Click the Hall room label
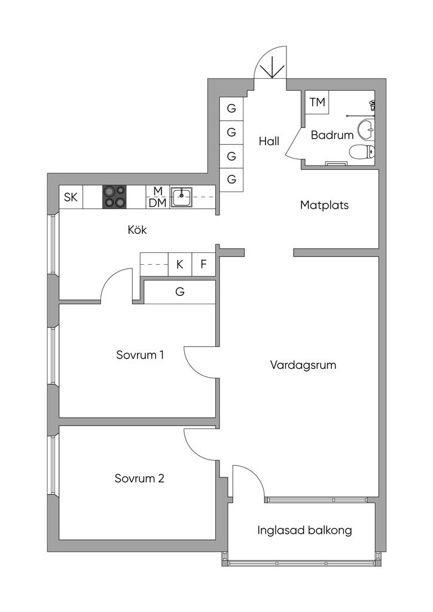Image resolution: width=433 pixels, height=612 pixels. click(269, 142)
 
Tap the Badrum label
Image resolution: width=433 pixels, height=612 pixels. click(332, 135)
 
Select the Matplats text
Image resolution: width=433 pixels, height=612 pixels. click(324, 205)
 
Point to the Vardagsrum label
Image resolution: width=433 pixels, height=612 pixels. click(303, 365)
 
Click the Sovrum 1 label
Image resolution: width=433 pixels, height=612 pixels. click(140, 355)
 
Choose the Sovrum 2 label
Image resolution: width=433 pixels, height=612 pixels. click(139, 479)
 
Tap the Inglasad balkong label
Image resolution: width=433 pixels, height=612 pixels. click(304, 530)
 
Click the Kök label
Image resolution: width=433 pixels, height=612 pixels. click(137, 229)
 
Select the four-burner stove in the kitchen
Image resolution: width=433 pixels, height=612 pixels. click(115, 197)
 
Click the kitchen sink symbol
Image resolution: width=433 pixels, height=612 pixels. click(181, 197)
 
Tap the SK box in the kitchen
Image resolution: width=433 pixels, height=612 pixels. click(71, 198)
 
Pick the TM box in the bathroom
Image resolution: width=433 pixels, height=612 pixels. click(317, 102)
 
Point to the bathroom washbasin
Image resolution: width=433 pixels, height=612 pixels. click(365, 128)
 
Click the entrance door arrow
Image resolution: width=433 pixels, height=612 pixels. click(272, 66)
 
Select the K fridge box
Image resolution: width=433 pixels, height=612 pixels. click(179, 264)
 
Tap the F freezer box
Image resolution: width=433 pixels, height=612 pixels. click(203, 264)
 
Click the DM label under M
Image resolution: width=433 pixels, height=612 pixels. click(157, 203)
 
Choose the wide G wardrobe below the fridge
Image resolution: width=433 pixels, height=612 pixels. click(179, 292)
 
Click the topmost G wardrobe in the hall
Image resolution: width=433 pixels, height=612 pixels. click(231, 109)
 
